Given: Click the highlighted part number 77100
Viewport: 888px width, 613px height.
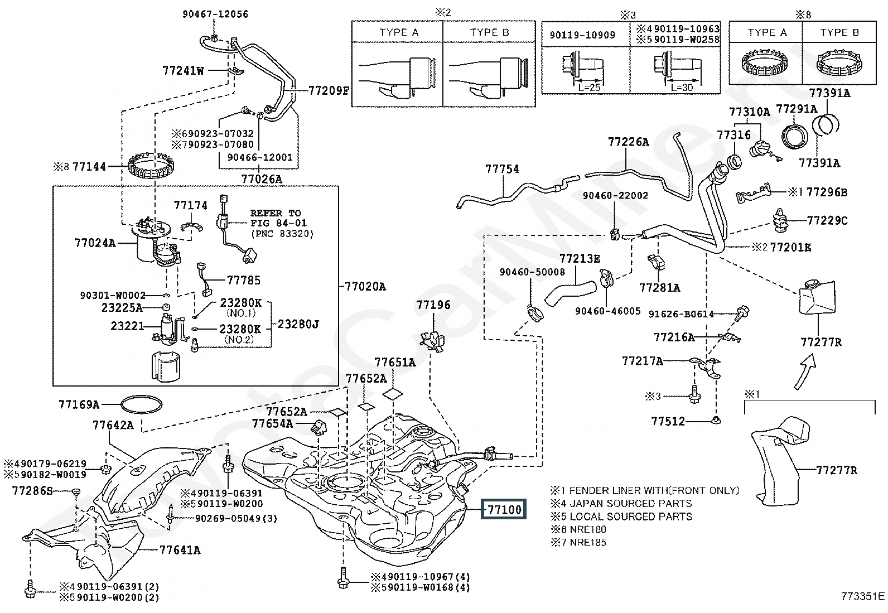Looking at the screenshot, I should tap(504, 509).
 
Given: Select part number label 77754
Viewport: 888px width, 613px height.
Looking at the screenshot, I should tap(502, 168).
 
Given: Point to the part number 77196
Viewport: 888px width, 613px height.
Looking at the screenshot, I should tap(433, 305).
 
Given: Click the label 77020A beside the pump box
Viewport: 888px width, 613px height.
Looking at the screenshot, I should tap(365, 287).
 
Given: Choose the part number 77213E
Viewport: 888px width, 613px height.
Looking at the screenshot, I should tap(580, 258).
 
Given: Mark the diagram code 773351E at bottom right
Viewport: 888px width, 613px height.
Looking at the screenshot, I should tap(863, 596).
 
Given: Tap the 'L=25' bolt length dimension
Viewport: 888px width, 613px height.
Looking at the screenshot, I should tap(588, 88).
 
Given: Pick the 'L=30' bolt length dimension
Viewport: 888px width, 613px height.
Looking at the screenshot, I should tap(681, 88).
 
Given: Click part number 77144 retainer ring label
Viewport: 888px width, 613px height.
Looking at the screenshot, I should tap(89, 166).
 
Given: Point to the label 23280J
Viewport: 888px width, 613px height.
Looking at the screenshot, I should tap(298, 324).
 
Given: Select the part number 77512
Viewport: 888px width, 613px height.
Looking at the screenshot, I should tap(668, 421).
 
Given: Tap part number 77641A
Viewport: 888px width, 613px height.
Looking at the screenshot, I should tap(180, 551).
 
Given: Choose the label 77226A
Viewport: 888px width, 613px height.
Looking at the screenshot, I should tap(628, 142).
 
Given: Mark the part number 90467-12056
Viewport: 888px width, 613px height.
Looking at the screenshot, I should tap(215, 15).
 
